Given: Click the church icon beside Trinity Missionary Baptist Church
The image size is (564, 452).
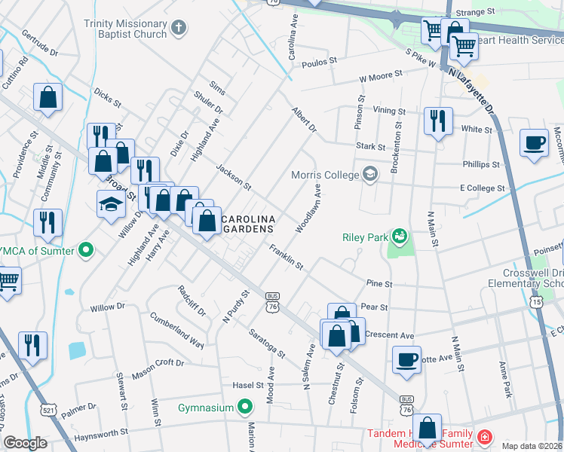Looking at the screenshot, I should tap(179, 29).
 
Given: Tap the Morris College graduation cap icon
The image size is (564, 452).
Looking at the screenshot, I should tap(369, 175).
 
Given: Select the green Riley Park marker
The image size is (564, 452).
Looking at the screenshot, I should tap(397, 237).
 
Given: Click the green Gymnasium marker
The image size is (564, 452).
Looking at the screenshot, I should tap(244, 408).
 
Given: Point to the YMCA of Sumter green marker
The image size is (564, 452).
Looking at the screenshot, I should tap(85, 250).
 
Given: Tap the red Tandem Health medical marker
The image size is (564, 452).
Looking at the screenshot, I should tap(483, 436).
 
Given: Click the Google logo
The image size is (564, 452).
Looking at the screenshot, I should tap(25, 444).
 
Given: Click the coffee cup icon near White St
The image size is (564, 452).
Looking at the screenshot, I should tap(534, 143).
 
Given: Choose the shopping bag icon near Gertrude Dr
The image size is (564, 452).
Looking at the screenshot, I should tap(48, 99).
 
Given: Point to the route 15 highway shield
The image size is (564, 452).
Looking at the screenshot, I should tap(536, 301).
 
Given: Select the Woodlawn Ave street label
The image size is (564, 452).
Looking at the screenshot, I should tap(309, 209).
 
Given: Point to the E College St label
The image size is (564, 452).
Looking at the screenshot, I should tap(481, 188).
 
